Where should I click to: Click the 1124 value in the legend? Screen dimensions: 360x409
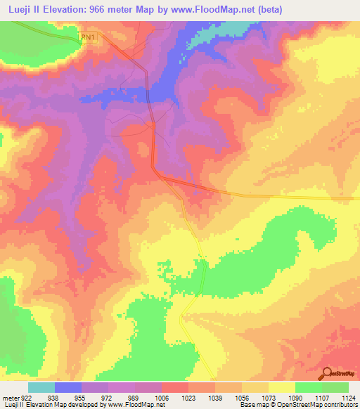coord(348,396)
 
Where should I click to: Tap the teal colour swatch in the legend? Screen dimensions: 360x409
coord(41,387)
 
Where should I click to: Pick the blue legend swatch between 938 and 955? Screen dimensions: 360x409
coord(67,387)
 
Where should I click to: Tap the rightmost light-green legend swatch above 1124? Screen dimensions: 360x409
coord(335,387)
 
